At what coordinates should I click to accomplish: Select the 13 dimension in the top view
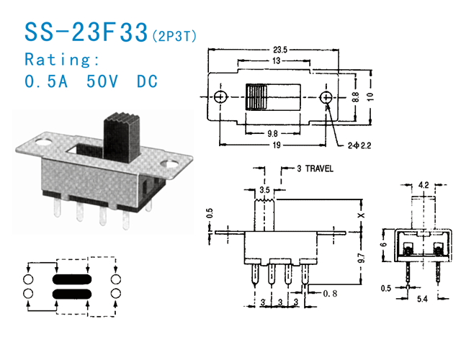(x=277, y=62)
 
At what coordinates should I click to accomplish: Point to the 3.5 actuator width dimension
(x=266, y=189)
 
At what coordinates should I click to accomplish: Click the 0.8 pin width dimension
(x=331, y=293)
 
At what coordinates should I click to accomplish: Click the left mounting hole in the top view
(x=221, y=96)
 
